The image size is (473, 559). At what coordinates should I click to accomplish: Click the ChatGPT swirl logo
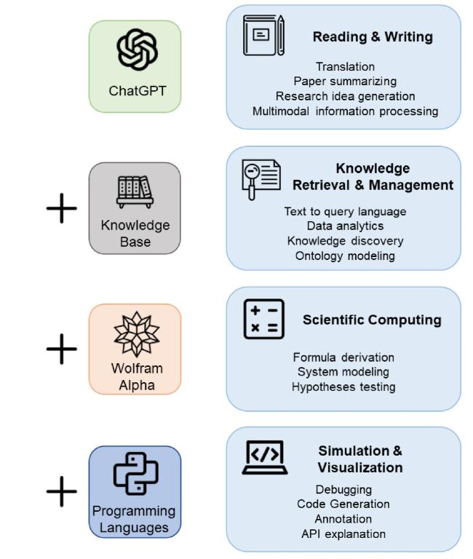pyautogui.click(x=137, y=49)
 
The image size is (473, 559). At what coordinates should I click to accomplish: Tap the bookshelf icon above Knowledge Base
pyautogui.click(x=135, y=192)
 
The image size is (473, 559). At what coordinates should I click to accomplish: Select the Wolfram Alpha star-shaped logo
pyautogui.click(x=137, y=334)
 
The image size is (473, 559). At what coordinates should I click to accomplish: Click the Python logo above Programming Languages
pyautogui.click(x=135, y=473)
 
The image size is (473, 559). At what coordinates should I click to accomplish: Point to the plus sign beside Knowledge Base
pyautogui.click(x=62, y=208)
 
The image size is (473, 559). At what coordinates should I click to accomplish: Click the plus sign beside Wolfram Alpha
pyautogui.click(x=62, y=349)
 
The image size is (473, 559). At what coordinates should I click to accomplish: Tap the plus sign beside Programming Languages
pyautogui.click(x=62, y=491)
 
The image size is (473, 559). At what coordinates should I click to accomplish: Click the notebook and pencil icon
pyautogui.click(x=263, y=35)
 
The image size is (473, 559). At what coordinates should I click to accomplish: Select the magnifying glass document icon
pyautogui.click(x=261, y=179)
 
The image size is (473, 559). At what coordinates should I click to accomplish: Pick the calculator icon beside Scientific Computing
pyautogui.click(x=263, y=319)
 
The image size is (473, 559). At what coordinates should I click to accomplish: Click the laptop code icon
pyautogui.click(x=265, y=457)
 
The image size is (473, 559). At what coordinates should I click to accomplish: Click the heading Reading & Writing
pyautogui.click(x=373, y=36)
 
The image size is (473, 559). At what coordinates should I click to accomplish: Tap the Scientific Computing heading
pyautogui.click(x=372, y=320)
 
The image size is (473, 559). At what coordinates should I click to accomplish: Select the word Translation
pyautogui.click(x=346, y=67)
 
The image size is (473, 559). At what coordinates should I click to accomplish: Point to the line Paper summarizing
pyautogui.click(x=345, y=82)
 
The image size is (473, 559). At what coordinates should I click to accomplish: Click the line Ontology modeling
pyautogui.click(x=345, y=256)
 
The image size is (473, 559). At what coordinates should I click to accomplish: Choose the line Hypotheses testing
pyautogui.click(x=343, y=386)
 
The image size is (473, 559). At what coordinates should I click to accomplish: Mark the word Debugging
pyautogui.click(x=343, y=490)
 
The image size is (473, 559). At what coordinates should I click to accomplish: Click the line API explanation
pyautogui.click(x=343, y=534)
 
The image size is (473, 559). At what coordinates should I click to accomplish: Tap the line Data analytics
pyautogui.click(x=345, y=226)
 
